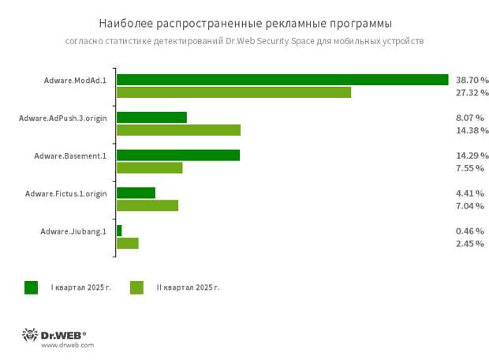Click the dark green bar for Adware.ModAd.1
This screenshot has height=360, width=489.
point(282,80)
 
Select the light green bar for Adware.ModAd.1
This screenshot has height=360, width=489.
point(233,92)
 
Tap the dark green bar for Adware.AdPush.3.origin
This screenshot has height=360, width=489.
point(151,118)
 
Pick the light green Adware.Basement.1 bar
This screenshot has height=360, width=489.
point(149,167)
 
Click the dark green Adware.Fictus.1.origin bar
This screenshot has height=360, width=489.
point(136,193)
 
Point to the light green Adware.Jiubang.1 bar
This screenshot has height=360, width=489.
point(127,243)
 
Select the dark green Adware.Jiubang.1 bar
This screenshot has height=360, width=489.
point(119,231)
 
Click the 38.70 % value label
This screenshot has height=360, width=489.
point(472,80)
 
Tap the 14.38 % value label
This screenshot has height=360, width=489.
point(472,130)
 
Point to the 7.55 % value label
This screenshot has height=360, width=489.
point(469,167)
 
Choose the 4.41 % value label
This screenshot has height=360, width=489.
point(469,193)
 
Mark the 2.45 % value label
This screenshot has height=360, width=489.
point(469,243)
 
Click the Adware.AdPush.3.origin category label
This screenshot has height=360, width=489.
point(62,118)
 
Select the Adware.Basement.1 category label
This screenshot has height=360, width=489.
point(69,156)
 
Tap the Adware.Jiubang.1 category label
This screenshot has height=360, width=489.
point(73,231)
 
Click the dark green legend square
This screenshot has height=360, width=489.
point(31,287)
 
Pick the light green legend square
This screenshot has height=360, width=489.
point(136,287)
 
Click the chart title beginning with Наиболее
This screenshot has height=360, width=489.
point(244,23)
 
